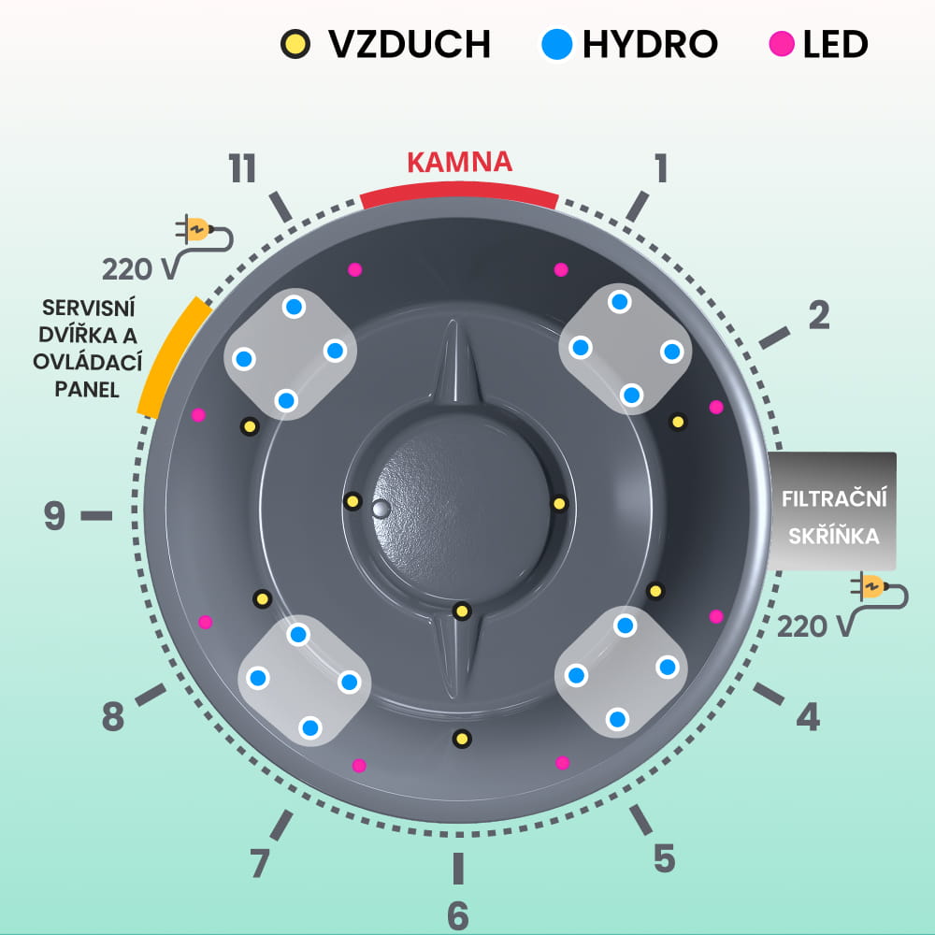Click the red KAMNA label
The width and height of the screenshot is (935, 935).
coord(459,162)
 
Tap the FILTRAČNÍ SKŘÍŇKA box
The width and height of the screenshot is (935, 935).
coord(832,511)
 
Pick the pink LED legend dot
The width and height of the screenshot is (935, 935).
coord(781,43)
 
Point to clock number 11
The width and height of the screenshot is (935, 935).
coord(242,169)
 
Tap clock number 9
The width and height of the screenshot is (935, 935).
coord(55,515)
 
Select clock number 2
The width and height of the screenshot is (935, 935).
coord(818,316)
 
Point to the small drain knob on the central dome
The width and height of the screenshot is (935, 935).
coord(380,509)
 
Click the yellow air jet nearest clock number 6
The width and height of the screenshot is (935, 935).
coord(460,739)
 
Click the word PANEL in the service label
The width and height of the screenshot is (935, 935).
coord(86,390)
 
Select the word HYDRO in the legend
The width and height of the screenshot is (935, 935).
coord(650,43)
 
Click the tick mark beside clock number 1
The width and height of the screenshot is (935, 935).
coord(637,206)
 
